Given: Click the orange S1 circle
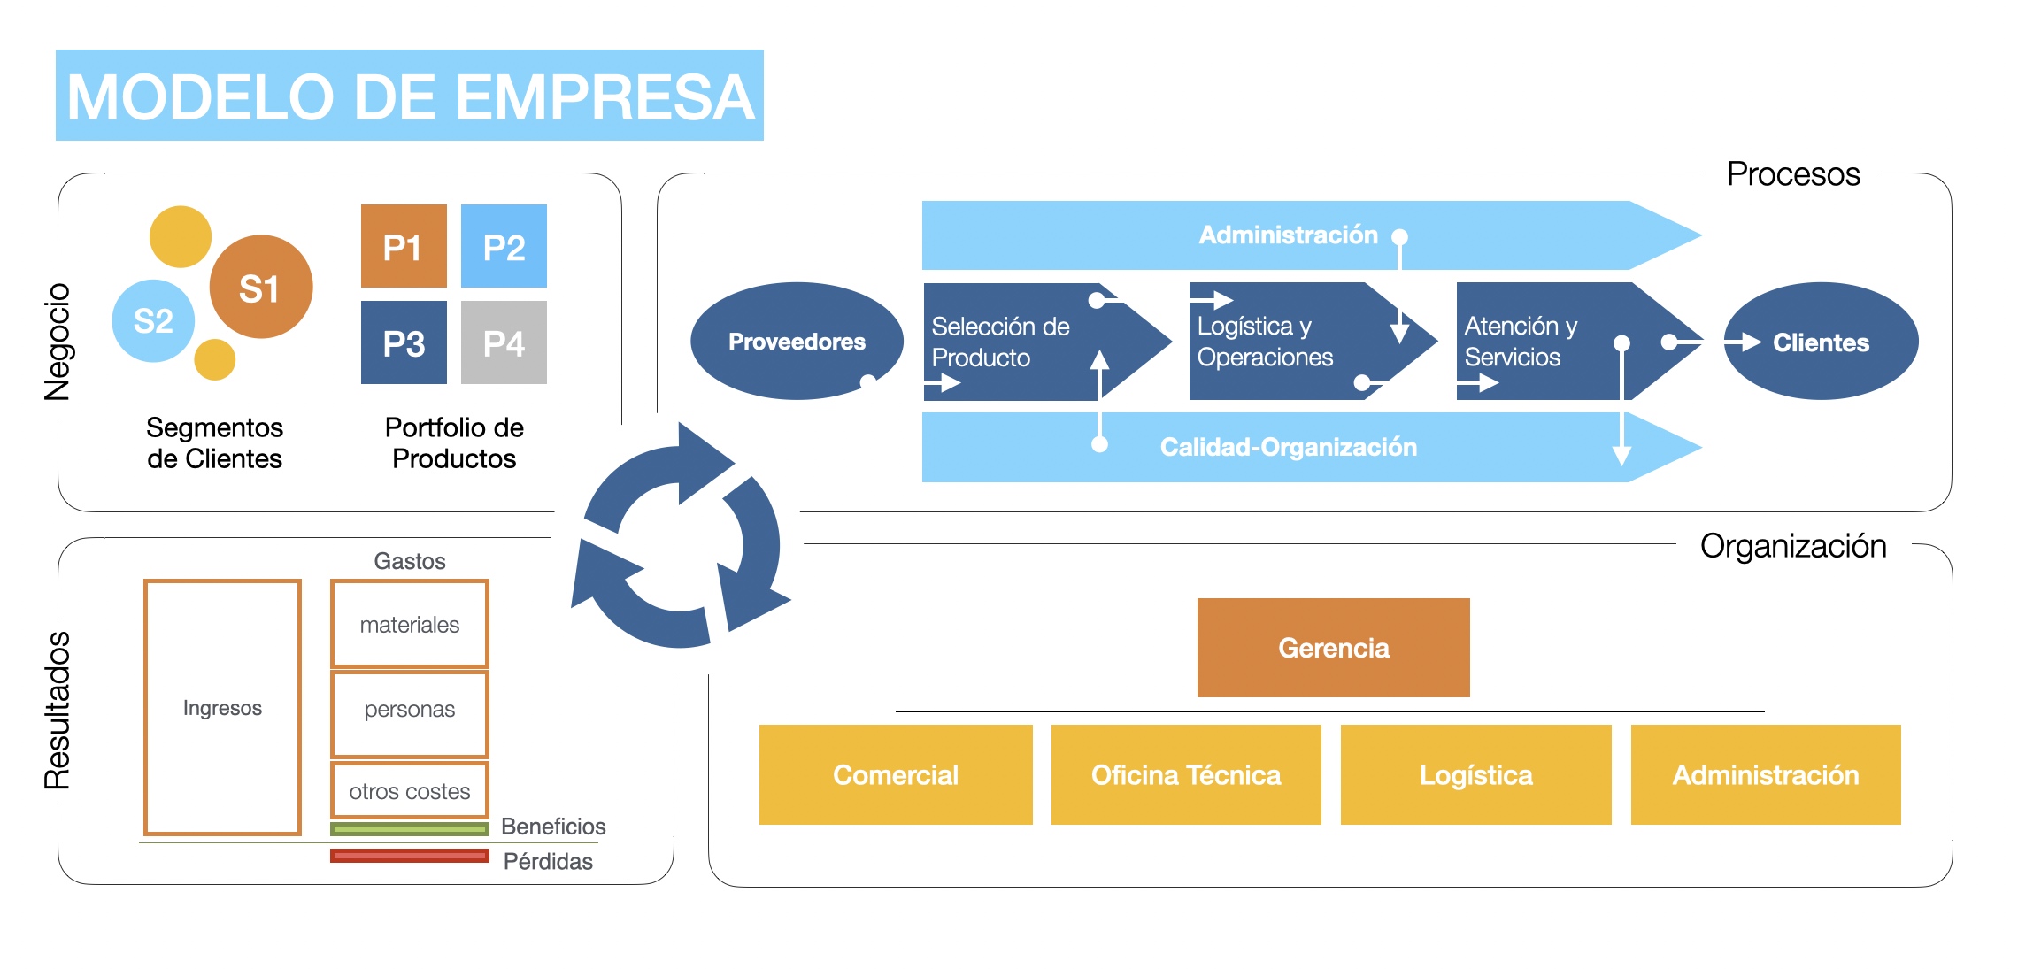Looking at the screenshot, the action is coord(261,287).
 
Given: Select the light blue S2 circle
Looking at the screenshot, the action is coord(153,320).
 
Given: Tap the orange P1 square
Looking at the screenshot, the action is coord(404,246).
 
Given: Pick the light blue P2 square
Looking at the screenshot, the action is coord(504,246).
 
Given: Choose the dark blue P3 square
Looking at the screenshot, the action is coord(404,342).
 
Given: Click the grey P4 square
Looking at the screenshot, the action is coord(504,342).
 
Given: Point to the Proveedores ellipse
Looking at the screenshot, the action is coord(797,341).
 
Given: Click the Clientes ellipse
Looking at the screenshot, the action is coord(1821,341).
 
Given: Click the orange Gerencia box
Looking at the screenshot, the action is coord(1333,648).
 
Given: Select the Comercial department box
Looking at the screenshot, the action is coord(896,775).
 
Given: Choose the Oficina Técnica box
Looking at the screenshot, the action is coord(1186,775).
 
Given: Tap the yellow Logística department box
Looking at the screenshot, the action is coord(1475,775).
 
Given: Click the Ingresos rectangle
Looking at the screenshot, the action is coord(222,707).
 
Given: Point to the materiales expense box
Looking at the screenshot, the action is coord(409,624).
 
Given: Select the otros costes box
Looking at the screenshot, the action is coord(409,790).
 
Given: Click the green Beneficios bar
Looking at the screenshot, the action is coord(409,829).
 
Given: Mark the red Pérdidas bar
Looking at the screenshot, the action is coord(409,856).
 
